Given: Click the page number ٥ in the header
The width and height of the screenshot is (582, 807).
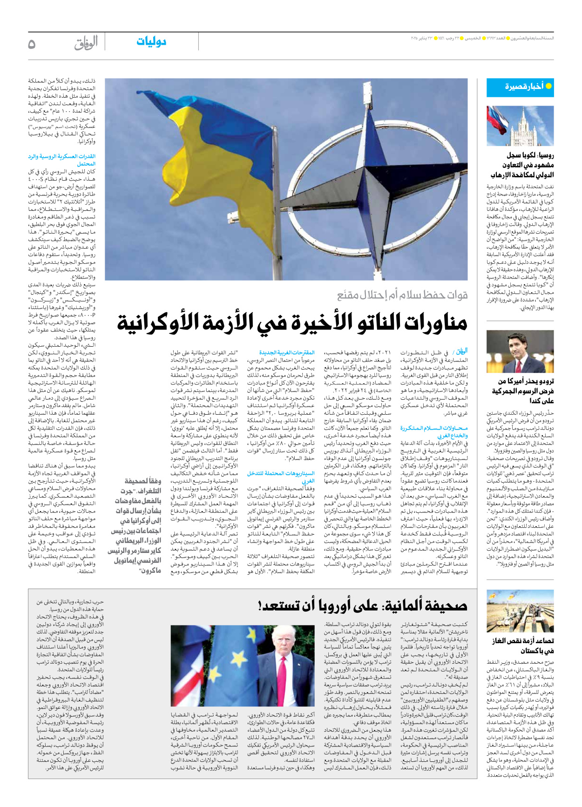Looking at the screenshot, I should (32, 44).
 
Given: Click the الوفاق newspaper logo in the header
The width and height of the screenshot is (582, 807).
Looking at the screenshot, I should (86, 43).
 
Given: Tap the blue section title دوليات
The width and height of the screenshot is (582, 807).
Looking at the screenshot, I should (151, 42).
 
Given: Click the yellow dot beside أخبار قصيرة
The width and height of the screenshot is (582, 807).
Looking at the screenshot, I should (548, 86).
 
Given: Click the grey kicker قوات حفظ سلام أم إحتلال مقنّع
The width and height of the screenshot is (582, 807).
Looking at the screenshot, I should (402, 295).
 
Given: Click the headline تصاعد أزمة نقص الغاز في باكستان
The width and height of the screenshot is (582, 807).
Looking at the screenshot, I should (523, 646).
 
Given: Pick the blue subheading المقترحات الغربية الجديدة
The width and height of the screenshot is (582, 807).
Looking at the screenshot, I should (287, 353).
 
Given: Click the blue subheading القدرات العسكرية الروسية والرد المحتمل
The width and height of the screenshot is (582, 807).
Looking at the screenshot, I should (62, 160).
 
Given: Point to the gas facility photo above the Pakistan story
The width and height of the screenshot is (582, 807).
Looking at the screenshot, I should (520, 612).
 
